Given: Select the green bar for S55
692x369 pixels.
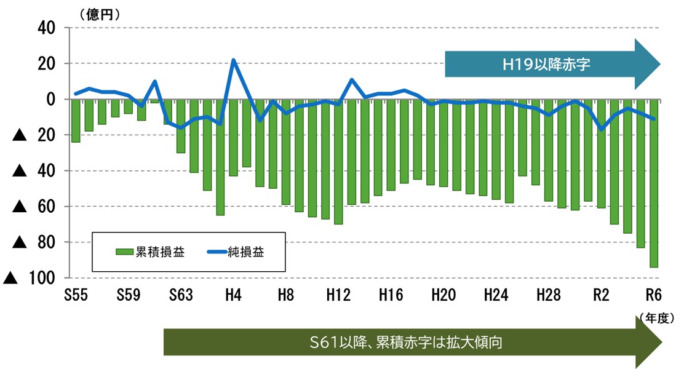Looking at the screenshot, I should (76, 121).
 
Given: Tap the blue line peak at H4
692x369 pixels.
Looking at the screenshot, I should (233, 60).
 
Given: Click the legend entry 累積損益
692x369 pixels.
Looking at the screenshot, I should (150, 252).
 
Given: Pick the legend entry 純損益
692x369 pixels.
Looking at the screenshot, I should (237, 252).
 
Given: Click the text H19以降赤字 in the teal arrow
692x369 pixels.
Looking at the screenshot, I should (546, 64).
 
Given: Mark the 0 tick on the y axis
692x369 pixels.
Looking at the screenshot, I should (51, 99).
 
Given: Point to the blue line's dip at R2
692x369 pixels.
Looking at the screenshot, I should (601, 129).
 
